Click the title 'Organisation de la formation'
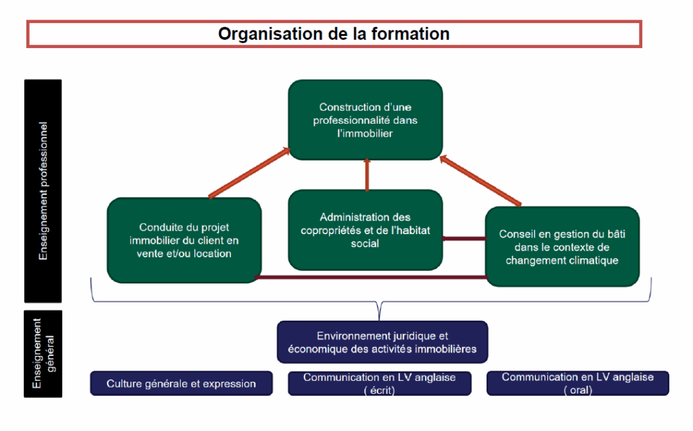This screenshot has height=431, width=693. (334, 34)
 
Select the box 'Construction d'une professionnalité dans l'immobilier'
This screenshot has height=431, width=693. (365, 120)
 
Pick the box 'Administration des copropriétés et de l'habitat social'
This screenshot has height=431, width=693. (365, 230)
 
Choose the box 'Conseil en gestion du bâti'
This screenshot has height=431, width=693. (562, 246)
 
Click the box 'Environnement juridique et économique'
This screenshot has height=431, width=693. (382, 342)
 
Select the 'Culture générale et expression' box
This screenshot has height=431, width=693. (181, 384)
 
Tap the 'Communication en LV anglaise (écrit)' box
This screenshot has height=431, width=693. (379, 383)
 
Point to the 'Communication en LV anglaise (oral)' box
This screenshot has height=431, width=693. (577, 383)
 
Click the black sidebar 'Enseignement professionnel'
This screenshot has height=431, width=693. (43, 191)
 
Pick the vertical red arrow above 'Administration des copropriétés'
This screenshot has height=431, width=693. (366, 175)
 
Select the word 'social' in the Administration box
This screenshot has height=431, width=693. (365, 244)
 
